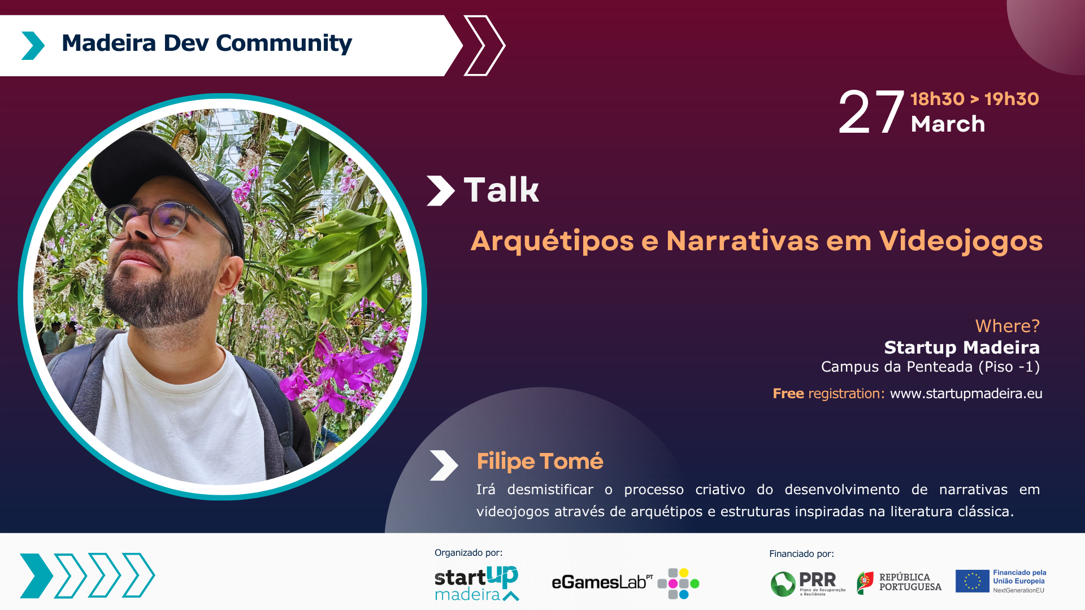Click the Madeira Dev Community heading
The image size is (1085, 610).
click(207, 43)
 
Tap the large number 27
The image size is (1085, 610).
click(872, 113)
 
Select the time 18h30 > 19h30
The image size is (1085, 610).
click(975, 99)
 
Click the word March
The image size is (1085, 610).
click(948, 124)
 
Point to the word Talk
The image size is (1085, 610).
click(501, 190)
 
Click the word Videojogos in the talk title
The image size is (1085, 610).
click(961, 241)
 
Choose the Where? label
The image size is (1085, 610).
click(1007, 326)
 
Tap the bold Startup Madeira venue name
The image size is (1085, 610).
click(962, 347)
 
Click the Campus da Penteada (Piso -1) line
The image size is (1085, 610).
click(930, 367)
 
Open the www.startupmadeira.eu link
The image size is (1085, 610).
click(966, 394)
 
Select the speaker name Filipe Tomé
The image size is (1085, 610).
click(540, 461)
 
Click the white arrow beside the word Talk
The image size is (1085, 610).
click(441, 190)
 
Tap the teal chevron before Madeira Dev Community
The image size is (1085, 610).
click(33, 46)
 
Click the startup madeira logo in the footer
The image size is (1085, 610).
click(476, 583)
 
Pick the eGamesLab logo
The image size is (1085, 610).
click(625, 583)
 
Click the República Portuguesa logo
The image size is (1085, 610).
click(899, 582)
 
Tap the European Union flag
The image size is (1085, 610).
click(972, 581)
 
